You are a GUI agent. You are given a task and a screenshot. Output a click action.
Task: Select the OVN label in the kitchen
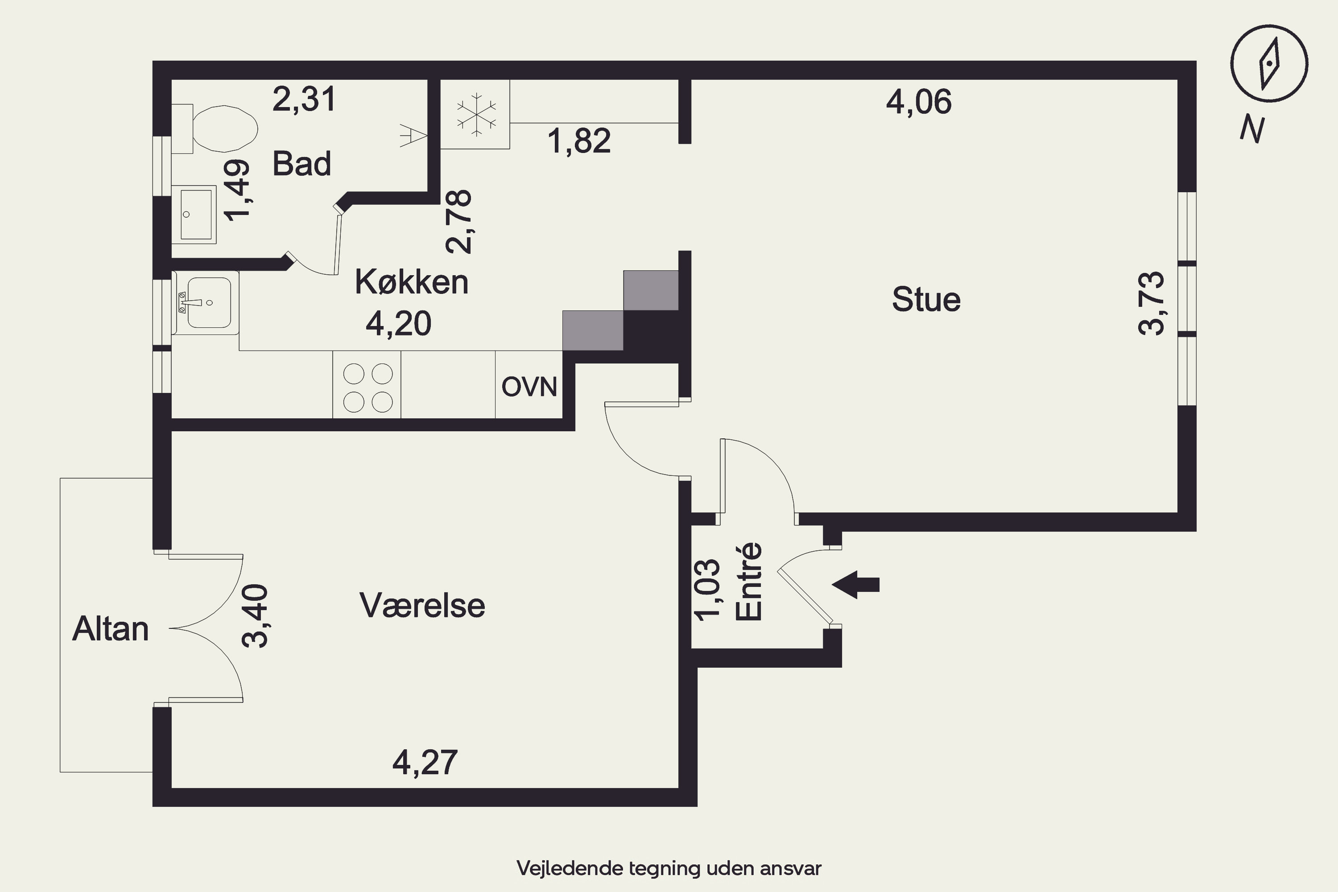[529, 387]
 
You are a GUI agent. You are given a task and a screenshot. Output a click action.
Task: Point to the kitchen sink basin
[209, 303]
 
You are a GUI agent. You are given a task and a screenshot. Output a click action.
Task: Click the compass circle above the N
[1269, 64]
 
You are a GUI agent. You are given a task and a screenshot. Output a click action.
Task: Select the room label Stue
[926, 299]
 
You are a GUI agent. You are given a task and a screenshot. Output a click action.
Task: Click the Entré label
[748, 582]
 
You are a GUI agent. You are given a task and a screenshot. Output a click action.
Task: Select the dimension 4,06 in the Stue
[919, 103]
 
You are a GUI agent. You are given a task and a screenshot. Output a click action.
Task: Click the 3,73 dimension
[1152, 303]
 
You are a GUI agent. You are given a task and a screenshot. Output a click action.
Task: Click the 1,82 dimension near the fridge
[579, 140]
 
